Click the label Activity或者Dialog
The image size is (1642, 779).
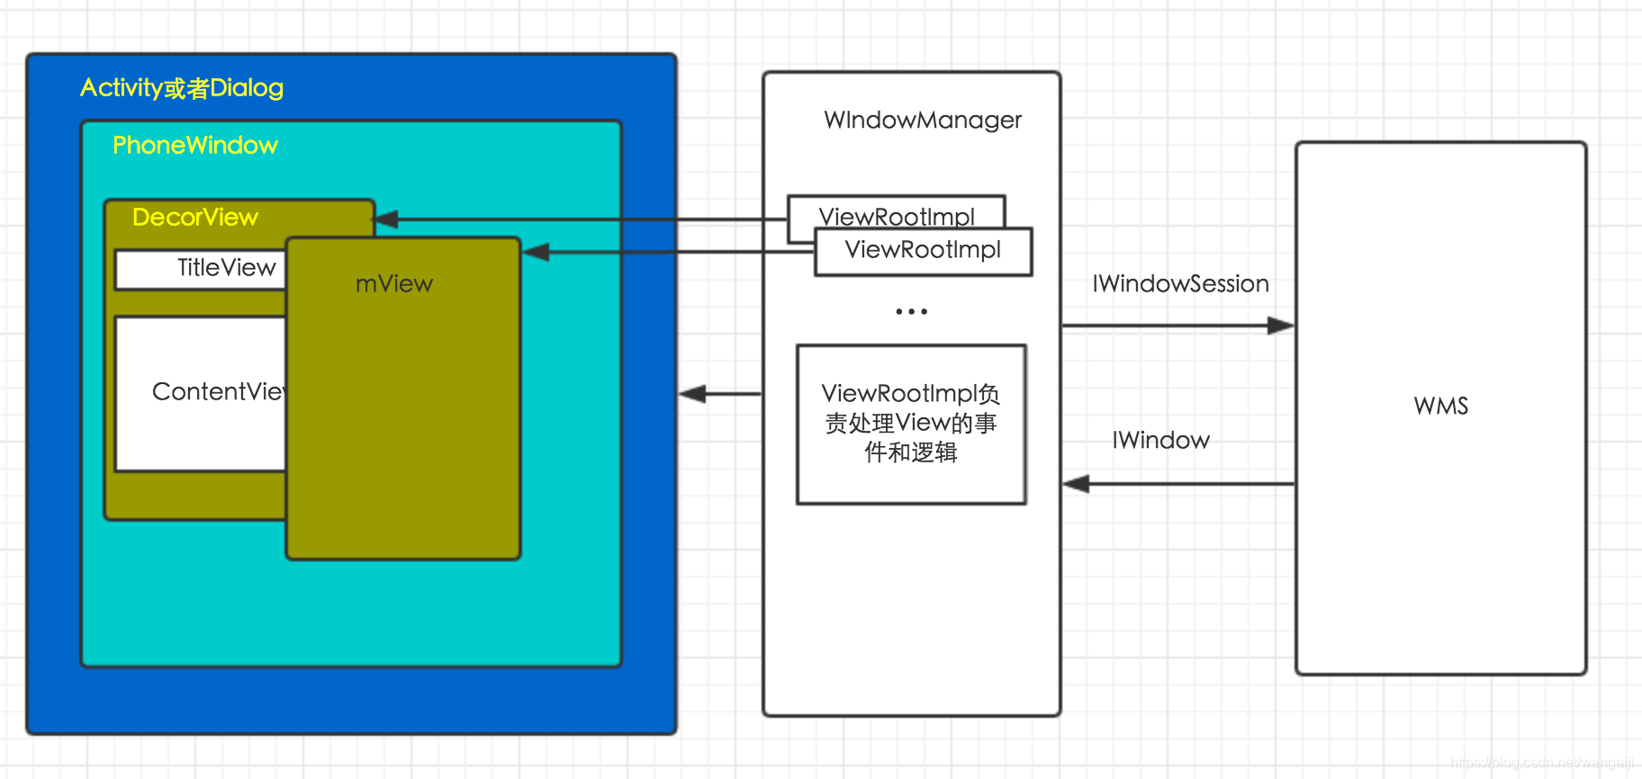pos(182,88)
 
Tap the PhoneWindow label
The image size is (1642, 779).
pos(195,146)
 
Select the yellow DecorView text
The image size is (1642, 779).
pos(195,218)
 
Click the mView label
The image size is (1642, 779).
pos(394,284)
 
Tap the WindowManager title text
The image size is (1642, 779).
pos(923,121)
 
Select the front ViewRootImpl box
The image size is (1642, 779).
pos(923,251)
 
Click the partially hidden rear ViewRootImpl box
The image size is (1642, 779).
pos(896,212)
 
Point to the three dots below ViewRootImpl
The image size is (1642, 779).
pos(911,311)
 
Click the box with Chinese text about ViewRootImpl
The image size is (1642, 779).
pos(911,424)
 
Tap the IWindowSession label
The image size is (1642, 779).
pos(1180,284)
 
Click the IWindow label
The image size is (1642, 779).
pos(1160,441)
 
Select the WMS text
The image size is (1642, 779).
pos(1440,407)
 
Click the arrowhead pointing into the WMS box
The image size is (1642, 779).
pos(1281,326)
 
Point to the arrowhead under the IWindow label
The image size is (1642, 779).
pos(1077,484)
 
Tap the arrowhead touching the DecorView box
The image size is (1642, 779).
pos(386,219)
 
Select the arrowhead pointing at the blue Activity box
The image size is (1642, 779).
pos(692,394)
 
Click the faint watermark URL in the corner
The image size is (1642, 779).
pos(1541,763)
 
